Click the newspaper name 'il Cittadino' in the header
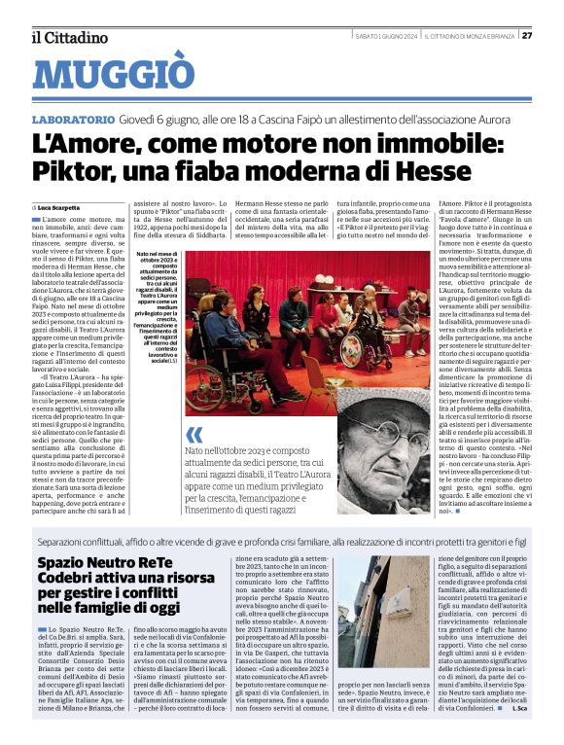click(69, 37)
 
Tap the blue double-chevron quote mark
click(194, 433)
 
